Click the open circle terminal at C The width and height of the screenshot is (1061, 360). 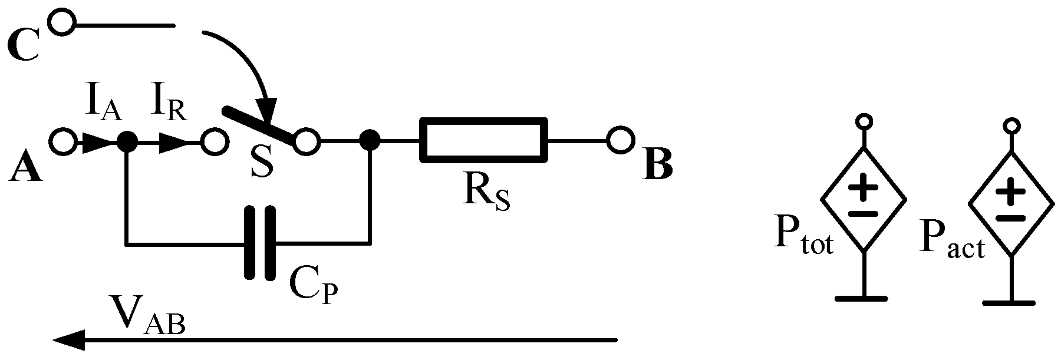tap(62, 24)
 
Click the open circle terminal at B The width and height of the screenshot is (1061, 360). tap(620, 141)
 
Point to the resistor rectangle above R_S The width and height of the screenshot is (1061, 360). tap(483, 140)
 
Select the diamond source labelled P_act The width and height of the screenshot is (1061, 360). tap(1011, 204)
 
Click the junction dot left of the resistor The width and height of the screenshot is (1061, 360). tap(370, 141)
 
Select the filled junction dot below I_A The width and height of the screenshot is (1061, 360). tap(126, 141)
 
